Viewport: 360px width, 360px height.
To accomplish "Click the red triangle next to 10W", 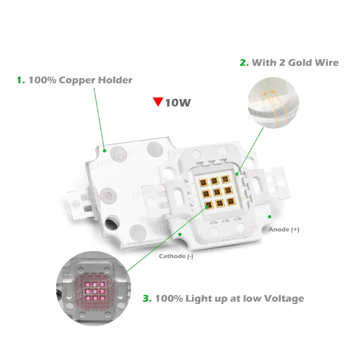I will tap(158, 101).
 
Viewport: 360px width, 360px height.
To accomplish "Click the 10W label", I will tap(178, 103).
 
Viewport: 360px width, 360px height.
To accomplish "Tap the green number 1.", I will tap(21, 80).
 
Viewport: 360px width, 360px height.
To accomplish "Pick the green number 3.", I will tap(147, 299).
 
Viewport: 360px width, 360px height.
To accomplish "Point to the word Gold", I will tap(302, 63).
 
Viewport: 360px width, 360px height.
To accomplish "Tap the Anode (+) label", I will tap(284, 229).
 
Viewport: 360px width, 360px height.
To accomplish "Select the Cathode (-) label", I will tap(176, 256).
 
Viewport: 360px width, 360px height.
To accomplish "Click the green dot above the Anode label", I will tap(269, 217).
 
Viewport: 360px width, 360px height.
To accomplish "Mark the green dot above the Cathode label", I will tap(180, 234).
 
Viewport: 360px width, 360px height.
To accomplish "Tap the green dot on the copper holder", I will tap(104, 151).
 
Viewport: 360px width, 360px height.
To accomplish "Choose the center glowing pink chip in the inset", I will tap(95, 291).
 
